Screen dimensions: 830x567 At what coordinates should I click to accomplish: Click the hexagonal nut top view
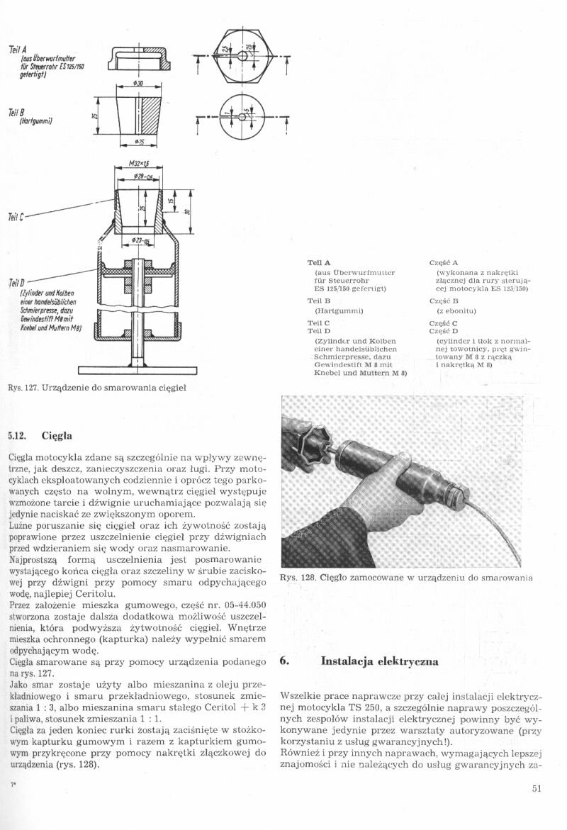[x=242, y=55]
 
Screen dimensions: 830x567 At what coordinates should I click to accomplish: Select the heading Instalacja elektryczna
[x=380, y=661]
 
